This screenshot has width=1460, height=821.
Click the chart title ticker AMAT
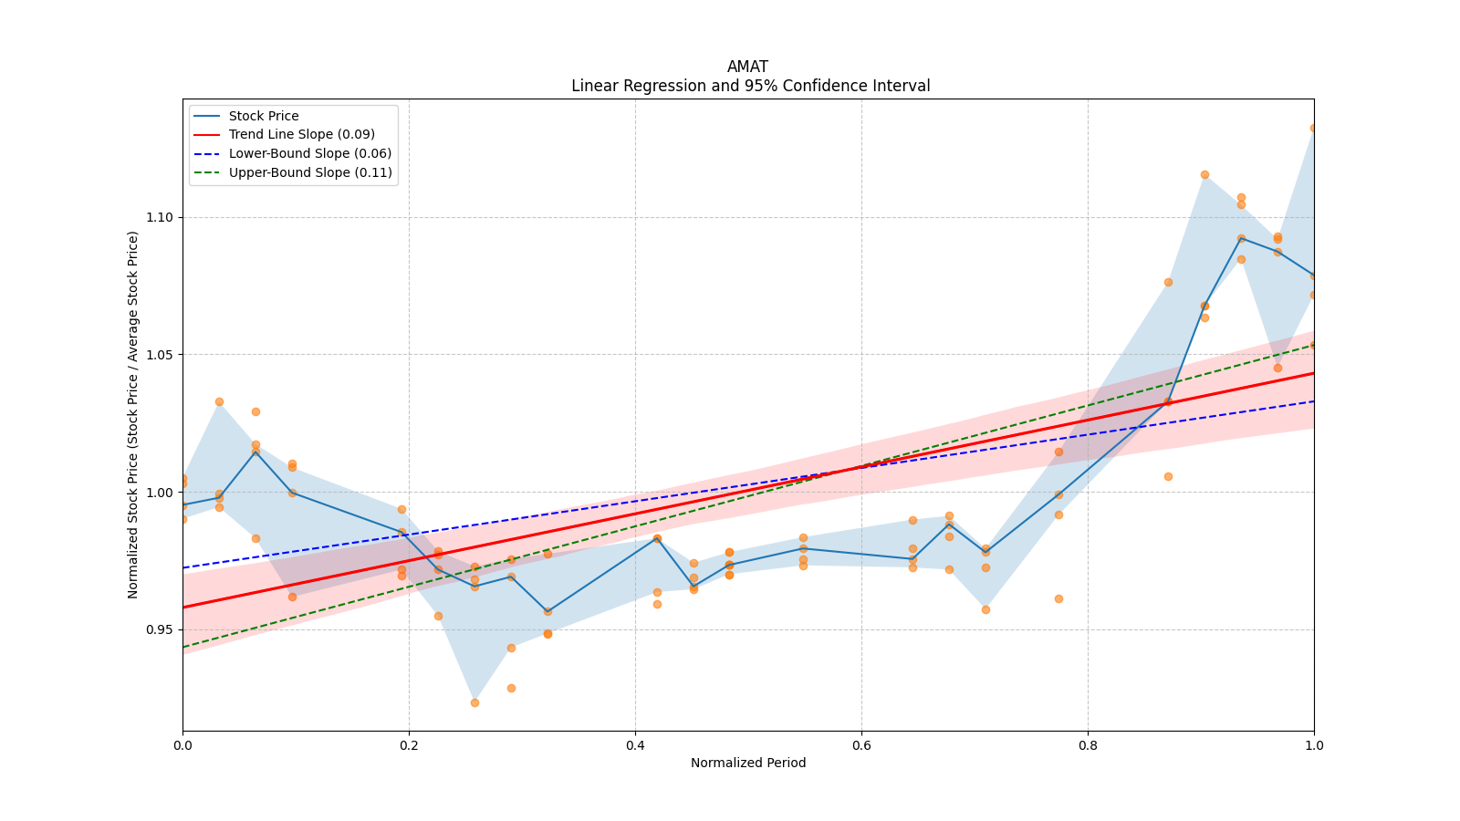pos(747,67)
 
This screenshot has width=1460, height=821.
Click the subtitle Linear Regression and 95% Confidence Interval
pos(750,86)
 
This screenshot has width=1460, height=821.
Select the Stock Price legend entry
pos(264,116)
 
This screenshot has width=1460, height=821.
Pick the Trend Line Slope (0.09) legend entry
pos(301,134)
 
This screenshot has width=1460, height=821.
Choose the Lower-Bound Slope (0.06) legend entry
pos(309,153)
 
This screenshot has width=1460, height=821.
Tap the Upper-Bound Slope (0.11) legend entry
pos(310,172)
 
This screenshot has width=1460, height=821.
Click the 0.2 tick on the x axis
pos(409,744)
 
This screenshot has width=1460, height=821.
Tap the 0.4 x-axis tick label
pos(635,744)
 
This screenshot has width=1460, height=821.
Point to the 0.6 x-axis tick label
pos(861,744)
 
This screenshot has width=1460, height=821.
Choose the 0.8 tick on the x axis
pos(1088,744)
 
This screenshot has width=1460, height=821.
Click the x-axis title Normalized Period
pos(748,763)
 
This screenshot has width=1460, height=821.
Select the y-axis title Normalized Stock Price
pos(133,414)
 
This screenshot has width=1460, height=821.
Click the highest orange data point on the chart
pos(1313,128)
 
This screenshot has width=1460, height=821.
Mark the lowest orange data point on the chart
pos(474,702)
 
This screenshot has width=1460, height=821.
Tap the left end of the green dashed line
pos(183,647)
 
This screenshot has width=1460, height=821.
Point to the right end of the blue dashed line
pos(1313,401)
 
